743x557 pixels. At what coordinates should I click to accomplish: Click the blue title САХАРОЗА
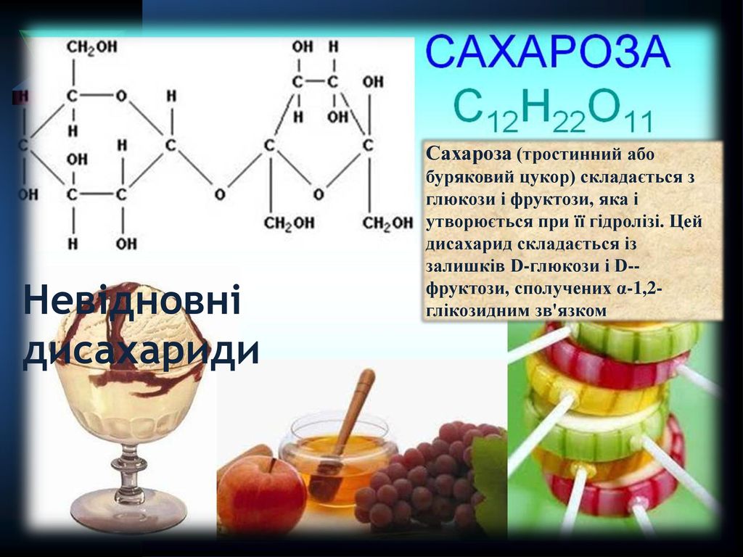pos(549,51)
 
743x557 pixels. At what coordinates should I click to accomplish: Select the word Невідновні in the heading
pos(132,300)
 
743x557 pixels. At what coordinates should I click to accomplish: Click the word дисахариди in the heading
pos(141,351)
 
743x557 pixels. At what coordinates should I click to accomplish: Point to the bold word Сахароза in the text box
pos(469,154)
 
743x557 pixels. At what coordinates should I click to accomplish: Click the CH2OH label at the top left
pos(91,47)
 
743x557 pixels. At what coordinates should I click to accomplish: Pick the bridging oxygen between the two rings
pos(219,194)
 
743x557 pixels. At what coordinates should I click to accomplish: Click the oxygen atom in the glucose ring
pos(121,96)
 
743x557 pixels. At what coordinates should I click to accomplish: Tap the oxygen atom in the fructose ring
pos(319,194)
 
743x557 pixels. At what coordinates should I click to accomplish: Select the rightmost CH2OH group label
pos(387,223)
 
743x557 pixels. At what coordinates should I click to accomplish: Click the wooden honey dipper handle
pos(356,408)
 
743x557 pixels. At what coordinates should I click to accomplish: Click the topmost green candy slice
pos(635,339)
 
